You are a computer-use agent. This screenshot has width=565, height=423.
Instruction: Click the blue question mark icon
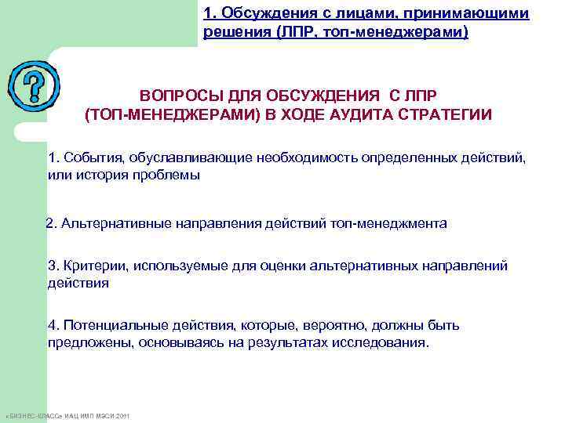pyautogui.click(x=32, y=85)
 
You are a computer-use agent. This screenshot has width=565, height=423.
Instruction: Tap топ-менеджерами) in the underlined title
pyautogui.click(x=408, y=33)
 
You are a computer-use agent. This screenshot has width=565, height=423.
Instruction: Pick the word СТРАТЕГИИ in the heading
pyautogui.click(x=448, y=115)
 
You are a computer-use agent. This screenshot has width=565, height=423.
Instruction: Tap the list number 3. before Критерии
pyautogui.click(x=53, y=266)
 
